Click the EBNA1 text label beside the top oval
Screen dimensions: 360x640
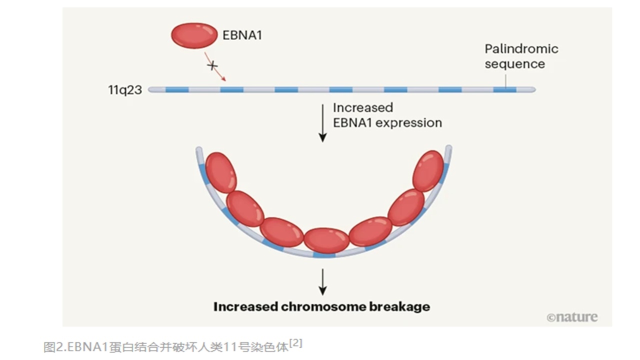click(242, 36)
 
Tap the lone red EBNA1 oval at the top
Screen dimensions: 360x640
click(194, 35)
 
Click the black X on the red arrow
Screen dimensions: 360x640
click(212, 65)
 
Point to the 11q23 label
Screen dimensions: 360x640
click(125, 90)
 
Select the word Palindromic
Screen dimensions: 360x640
click(521, 49)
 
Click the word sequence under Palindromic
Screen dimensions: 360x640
click(514, 64)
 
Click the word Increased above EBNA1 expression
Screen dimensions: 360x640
click(363, 107)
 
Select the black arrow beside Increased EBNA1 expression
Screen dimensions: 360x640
click(322, 123)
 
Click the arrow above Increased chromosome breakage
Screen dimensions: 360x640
click(322, 282)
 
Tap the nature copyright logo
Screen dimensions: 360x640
click(571, 317)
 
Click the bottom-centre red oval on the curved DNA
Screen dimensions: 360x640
click(326, 240)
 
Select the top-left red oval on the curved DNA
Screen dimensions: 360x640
click(220, 172)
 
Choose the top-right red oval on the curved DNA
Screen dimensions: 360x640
click(428, 171)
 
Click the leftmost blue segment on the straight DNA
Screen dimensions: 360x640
click(177, 90)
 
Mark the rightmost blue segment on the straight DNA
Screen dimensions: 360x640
click(504, 90)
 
